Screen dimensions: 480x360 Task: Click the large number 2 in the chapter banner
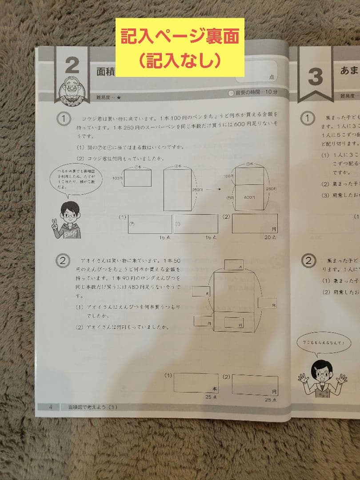pyautogui.click(x=72, y=66)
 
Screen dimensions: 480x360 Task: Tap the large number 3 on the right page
pyautogui.click(x=315, y=77)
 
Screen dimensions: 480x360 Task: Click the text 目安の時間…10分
pyautogui.click(x=252, y=92)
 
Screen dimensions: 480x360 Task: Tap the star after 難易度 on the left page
pyautogui.click(x=119, y=96)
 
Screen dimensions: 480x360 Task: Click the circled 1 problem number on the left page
pyautogui.click(x=64, y=119)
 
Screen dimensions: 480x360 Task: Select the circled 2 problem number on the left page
pyautogui.click(x=63, y=260)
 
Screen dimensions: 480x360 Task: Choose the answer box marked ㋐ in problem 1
pyautogui.click(x=150, y=224)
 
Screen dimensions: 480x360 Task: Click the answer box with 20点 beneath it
pyautogui.click(x=255, y=223)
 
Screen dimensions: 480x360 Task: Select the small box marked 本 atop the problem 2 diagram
pyautogui.click(x=235, y=264)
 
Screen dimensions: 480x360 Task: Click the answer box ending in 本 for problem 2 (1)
pyautogui.click(x=196, y=382)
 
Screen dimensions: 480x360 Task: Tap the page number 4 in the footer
pyautogui.click(x=51, y=407)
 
